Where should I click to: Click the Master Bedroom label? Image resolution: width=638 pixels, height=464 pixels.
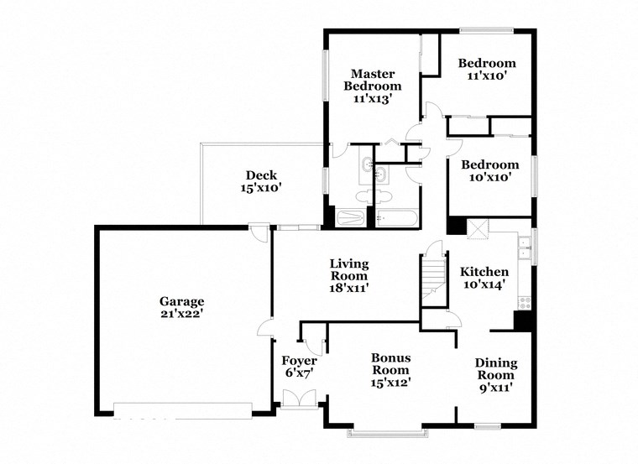376,79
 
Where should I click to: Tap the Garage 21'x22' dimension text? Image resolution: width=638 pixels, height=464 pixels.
182,315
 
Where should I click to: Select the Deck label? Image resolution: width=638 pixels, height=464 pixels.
261,175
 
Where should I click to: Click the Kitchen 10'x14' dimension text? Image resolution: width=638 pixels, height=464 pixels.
484,285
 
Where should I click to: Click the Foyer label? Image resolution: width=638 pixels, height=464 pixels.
299,361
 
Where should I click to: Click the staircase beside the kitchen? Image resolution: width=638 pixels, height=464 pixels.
431,276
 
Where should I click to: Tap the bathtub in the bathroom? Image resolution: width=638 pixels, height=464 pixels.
396,218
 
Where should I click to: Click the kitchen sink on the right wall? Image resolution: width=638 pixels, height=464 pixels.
523,246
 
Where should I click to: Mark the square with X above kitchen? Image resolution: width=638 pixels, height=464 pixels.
478,229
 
